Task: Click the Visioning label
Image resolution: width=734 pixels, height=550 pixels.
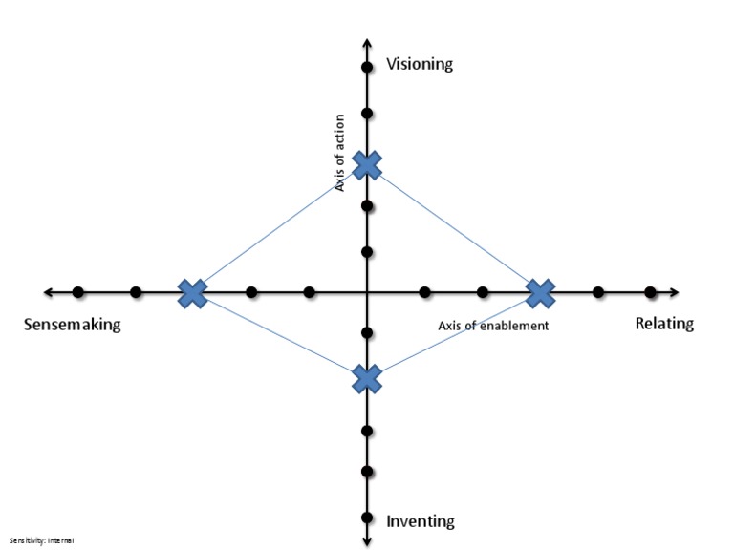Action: click(419, 65)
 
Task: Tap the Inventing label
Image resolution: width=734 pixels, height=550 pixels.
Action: click(420, 521)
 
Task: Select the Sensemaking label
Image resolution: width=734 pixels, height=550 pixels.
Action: click(73, 324)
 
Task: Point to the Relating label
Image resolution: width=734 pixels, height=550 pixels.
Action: click(664, 323)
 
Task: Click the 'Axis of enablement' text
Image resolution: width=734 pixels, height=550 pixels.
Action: click(493, 326)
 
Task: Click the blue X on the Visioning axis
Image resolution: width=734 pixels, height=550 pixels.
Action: click(367, 165)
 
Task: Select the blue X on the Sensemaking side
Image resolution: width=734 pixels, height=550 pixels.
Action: click(193, 293)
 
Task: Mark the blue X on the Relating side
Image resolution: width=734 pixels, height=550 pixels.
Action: click(541, 293)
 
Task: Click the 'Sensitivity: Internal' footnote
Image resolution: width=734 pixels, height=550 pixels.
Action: click(41, 541)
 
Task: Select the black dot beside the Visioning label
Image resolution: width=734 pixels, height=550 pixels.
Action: click(367, 67)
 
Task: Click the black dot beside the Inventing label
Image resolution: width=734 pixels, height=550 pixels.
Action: click(367, 518)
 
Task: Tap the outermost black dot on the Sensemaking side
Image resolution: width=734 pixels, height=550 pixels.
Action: click(78, 291)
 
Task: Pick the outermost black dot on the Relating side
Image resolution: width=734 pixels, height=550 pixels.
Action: click(650, 291)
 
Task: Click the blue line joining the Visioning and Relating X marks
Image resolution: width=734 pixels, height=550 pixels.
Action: click(454, 229)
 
